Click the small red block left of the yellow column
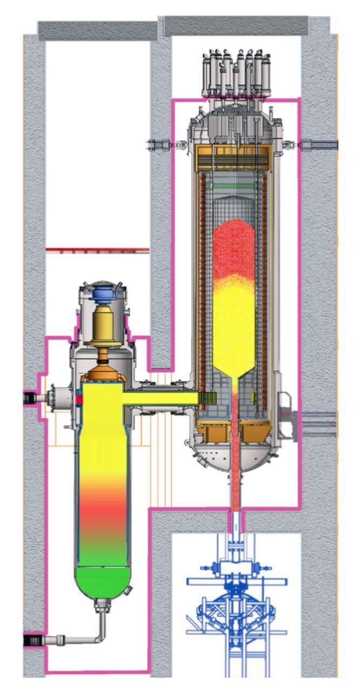[x=79, y=399]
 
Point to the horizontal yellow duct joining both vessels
[x=162, y=398]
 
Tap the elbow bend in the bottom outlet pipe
[x=101, y=638]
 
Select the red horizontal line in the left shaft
[x=97, y=250]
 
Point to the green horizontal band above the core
[x=234, y=186]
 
